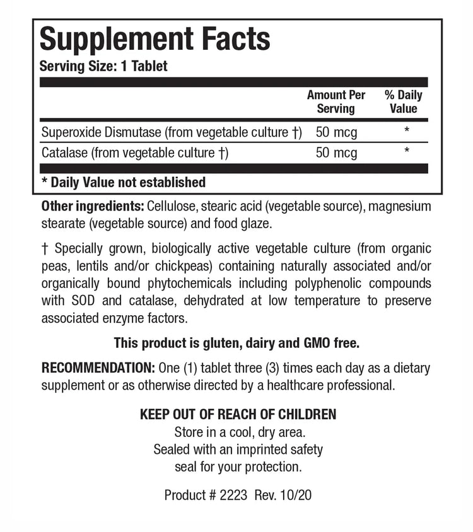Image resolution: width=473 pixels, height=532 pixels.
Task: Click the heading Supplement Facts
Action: tap(155, 39)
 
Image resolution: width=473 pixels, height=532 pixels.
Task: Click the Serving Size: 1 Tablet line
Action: tap(103, 66)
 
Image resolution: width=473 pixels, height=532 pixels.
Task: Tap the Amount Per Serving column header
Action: tap(336, 101)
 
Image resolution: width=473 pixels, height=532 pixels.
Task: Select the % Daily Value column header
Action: tap(403, 101)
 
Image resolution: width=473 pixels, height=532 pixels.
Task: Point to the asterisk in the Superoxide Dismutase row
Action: tap(407, 131)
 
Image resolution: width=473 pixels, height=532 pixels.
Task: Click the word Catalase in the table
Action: tap(65, 153)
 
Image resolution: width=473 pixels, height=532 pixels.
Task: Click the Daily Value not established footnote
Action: tap(124, 183)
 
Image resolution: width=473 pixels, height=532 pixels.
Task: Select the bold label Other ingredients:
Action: tap(92, 207)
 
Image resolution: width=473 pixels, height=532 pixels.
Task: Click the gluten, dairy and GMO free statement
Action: tap(237, 344)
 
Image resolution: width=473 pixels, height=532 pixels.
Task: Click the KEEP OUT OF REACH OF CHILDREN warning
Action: tap(238, 415)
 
